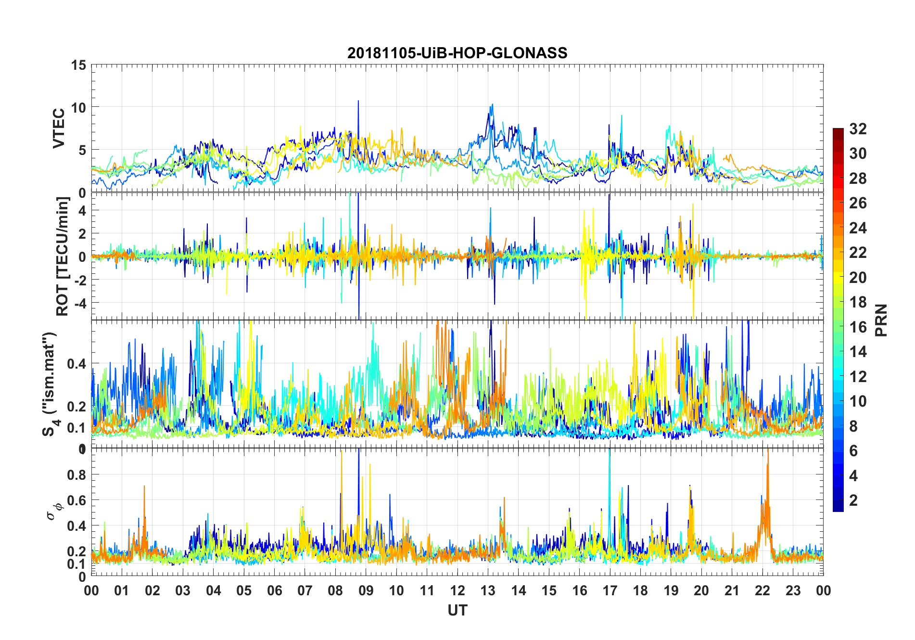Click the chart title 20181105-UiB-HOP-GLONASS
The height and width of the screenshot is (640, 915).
(x=457, y=53)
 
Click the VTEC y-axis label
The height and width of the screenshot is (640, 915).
(x=59, y=128)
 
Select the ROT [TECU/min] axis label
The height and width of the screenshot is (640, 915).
(x=63, y=256)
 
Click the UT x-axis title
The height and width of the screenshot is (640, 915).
(x=457, y=610)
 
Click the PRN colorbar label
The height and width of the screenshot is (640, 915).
(x=881, y=320)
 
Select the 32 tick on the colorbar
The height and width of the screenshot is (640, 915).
(x=858, y=129)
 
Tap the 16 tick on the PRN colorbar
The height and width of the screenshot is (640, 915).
(x=858, y=327)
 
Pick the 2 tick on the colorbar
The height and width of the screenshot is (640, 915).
(x=853, y=500)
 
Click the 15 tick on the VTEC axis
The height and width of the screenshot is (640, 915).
(x=78, y=65)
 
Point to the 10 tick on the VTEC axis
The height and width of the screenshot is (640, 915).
(x=78, y=107)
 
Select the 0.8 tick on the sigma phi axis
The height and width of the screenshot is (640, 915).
(x=76, y=474)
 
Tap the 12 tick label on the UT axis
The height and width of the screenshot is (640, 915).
(x=457, y=590)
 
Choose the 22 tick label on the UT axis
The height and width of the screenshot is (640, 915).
(x=762, y=590)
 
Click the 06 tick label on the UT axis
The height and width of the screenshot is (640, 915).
(x=275, y=590)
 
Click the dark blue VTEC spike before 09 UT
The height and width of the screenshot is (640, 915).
(x=358, y=102)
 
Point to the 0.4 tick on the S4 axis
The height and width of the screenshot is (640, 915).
(x=76, y=363)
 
